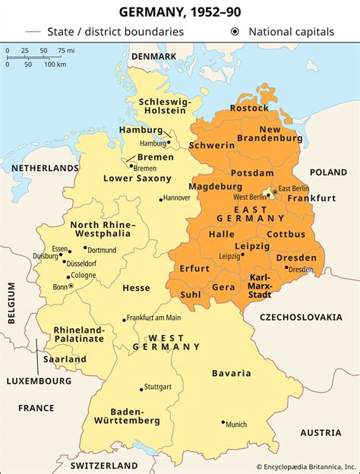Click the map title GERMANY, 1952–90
click(180, 13)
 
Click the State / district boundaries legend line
click(33, 32)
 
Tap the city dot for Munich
click(223, 422)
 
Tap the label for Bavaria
click(232, 373)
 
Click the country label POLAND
click(328, 172)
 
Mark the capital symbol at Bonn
click(71, 286)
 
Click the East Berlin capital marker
click(273, 190)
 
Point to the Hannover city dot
click(160, 199)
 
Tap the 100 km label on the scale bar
click(55, 64)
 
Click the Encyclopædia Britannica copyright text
click(305, 466)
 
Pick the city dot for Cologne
click(69, 276)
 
